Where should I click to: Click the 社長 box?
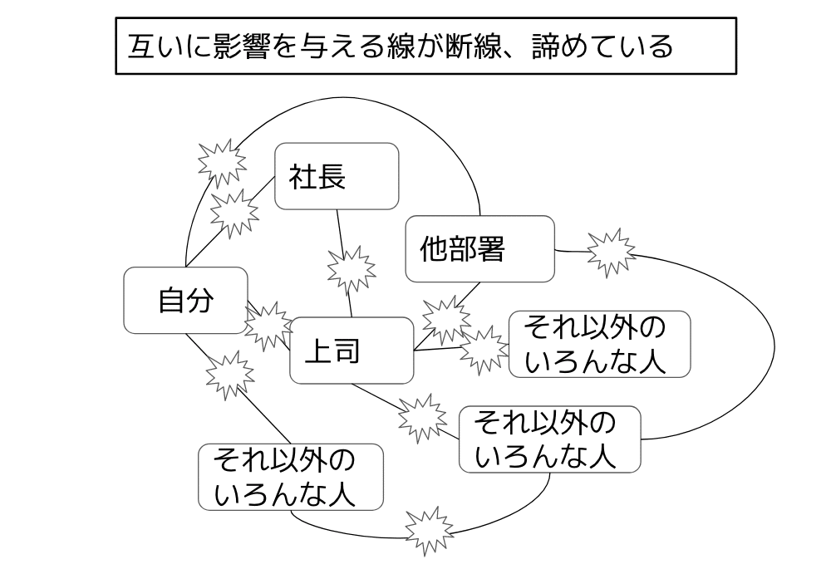337,176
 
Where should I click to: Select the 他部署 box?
479,248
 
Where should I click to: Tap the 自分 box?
185,300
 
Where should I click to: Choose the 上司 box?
351,351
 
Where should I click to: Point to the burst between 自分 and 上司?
268,325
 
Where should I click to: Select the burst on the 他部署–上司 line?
445,317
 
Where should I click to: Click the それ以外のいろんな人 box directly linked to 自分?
290,477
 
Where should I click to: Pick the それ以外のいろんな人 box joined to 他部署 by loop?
549,439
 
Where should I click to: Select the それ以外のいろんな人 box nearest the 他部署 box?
598,344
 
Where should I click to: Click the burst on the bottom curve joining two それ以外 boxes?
430,528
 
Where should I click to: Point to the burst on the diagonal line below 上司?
422,416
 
